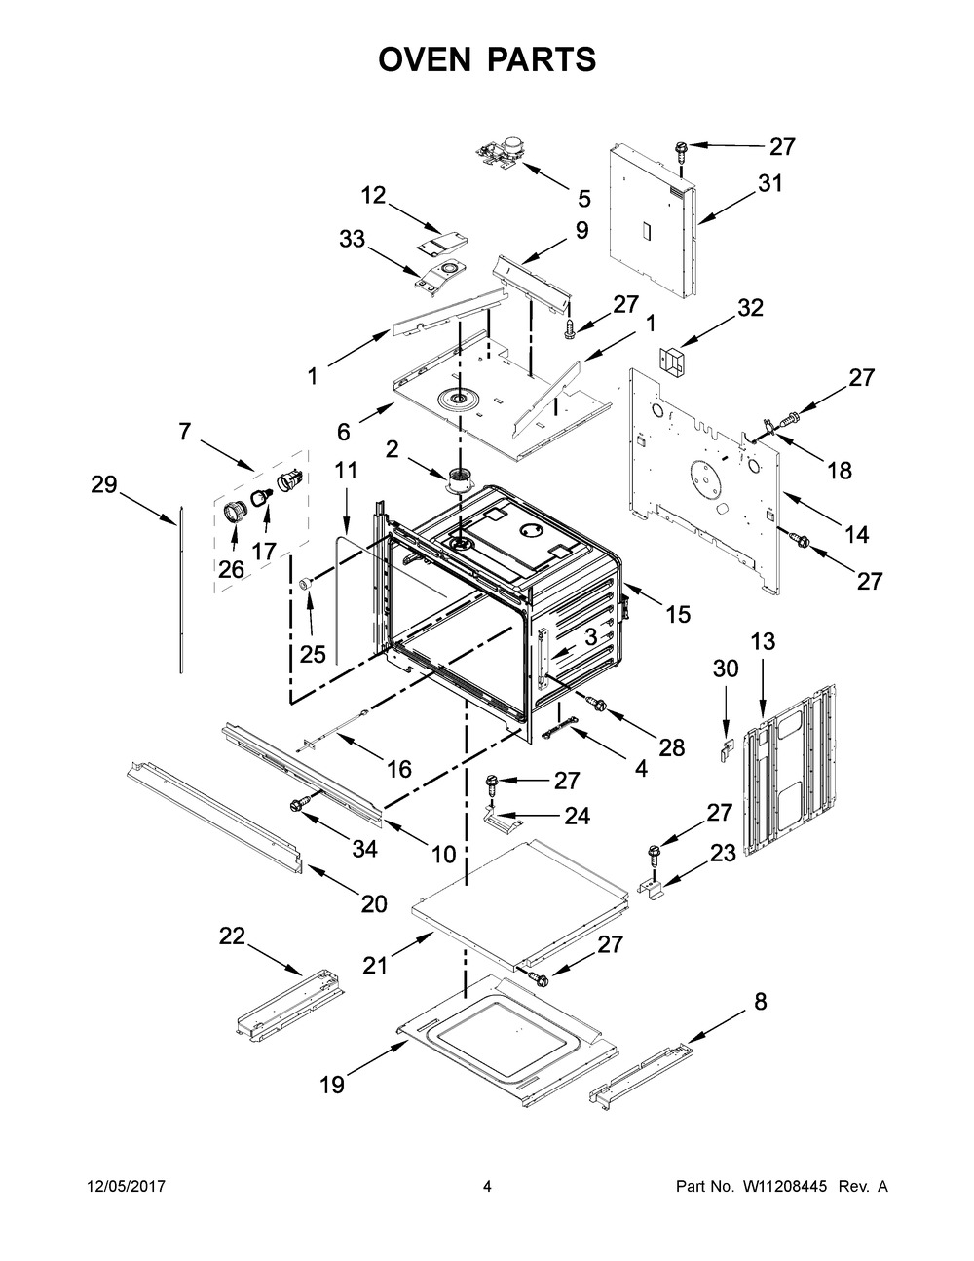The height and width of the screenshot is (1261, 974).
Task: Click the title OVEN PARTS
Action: point(486,59)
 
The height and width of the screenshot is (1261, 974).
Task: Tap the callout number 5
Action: point(583,199)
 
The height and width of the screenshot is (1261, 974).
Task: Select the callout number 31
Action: point(770,183)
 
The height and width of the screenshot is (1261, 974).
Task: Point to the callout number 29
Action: point(104,483)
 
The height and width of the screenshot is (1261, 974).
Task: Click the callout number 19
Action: point(332,1085)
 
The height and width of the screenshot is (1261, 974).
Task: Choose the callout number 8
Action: point(760,1001)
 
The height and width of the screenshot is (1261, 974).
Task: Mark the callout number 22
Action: point(231,936)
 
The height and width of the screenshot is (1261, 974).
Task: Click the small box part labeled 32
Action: point(672,361)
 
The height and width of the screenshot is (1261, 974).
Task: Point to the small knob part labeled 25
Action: point(306,583)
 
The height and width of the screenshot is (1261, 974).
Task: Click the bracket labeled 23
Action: point(653,887)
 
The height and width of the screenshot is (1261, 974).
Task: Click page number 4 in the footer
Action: point(487,1187)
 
